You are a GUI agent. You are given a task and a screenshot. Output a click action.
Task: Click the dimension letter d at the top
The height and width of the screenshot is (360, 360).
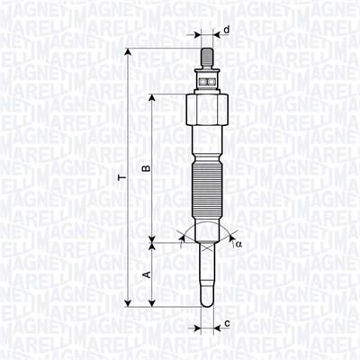point(226,31)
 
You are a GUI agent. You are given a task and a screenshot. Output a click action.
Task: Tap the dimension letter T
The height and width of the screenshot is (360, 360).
point(120,180)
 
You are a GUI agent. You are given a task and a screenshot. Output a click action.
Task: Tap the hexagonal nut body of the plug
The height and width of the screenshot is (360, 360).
point(206,112)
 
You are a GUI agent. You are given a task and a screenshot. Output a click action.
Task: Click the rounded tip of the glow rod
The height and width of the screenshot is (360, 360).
point(206,301)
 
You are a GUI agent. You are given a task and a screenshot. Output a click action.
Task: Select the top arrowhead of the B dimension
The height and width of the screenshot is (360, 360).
point(154,98)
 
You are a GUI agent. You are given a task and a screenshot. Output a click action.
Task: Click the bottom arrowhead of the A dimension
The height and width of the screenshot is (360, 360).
point(154,307)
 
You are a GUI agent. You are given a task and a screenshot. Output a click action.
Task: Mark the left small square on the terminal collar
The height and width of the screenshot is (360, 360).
point(202,81)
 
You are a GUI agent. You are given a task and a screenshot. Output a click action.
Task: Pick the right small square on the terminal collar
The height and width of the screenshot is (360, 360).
point(211,81)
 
